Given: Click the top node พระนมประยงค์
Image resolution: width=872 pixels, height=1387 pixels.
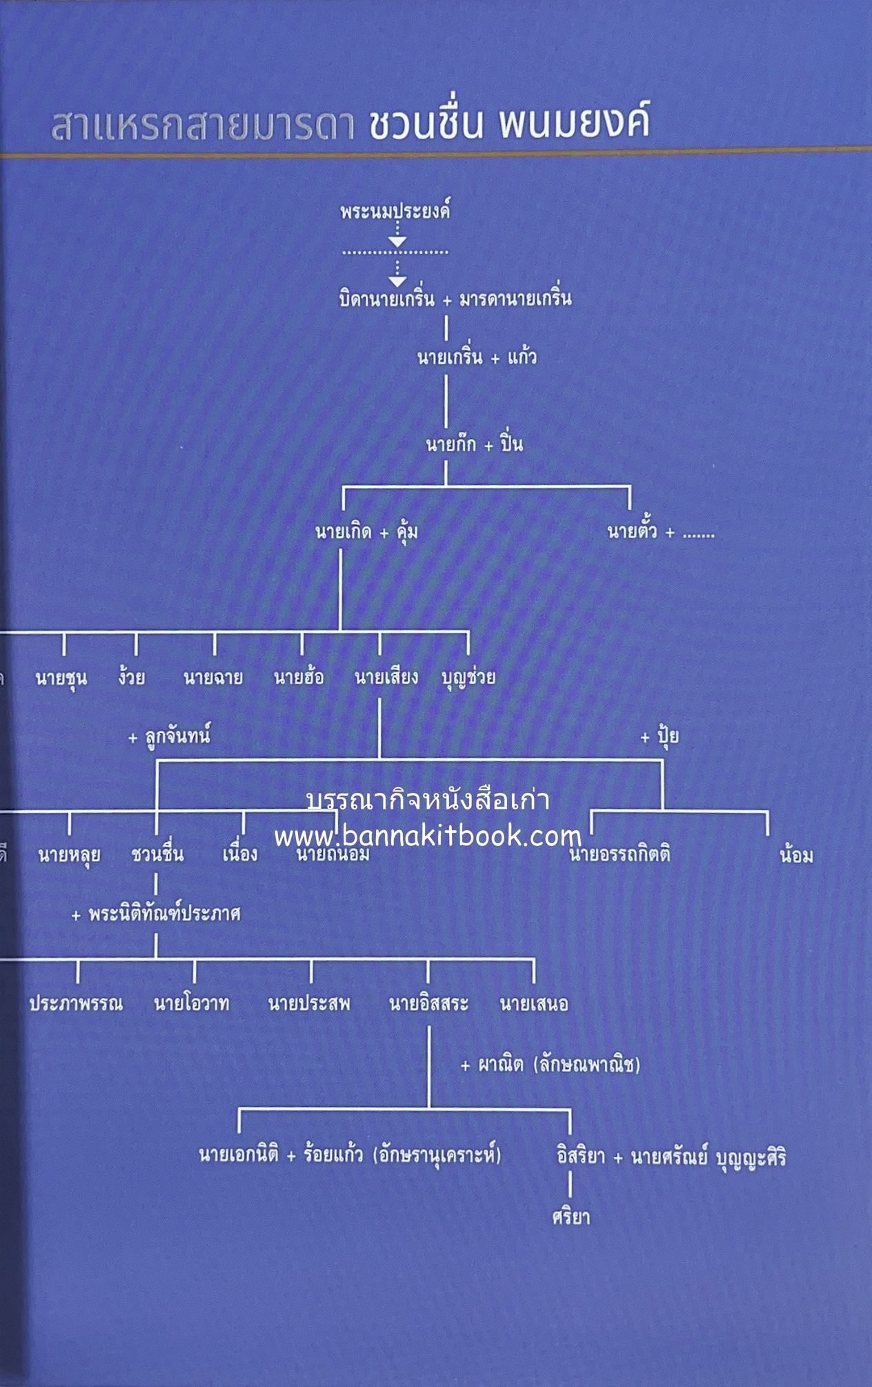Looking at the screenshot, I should pyautogui.click(x=395, y=211).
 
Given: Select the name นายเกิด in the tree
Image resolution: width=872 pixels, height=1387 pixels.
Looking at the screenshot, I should pyautogui.click(x=343, y=532).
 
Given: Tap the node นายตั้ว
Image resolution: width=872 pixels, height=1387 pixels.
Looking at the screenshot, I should pyautogui.click(x=631, y=532).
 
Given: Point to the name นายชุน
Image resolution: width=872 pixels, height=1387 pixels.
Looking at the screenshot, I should pyautogui.click(x=61, y=678).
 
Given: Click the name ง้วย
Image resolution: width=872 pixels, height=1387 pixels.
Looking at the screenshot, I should pyautogui.click(x=131, y=678).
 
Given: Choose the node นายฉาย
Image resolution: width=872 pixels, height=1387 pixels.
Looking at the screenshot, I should pyautogui.click(x=212, y=678).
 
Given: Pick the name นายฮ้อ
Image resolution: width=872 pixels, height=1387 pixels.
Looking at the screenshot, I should pyautogui.click(x=299, y=678).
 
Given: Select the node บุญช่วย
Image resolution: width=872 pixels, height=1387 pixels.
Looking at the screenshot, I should pyautogui.click(x=468, y=678).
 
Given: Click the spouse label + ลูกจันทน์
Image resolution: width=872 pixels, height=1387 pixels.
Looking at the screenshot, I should pyautogui.click(x=169, y=736).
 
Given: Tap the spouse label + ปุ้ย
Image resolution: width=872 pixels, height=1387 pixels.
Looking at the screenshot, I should pyautogui.click(x=660, y=736).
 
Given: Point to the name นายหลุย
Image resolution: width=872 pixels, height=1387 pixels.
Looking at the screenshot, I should pyautogui.click(x=69, y=855).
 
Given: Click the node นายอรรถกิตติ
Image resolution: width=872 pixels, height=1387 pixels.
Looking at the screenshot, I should pyautogui.click(x=620, y=856).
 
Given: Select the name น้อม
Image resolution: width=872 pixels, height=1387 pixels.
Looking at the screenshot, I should pyautogui.click(x=795, y=856).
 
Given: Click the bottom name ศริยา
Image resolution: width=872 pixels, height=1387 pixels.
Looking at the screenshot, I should pyautogui.click(x=571, y=1217).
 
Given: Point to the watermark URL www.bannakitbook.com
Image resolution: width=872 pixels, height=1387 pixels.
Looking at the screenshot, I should pyautogui.click(x=428, y=837).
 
